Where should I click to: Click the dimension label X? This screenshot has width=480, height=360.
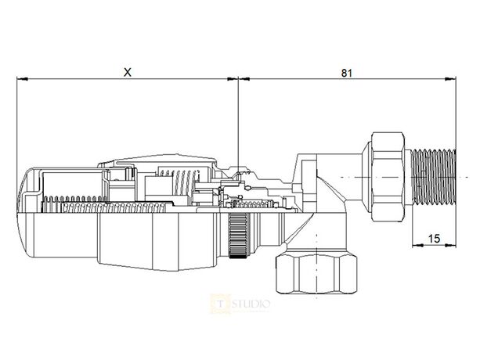[x=128, y=71]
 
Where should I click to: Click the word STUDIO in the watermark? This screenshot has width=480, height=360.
[x=251, y=302]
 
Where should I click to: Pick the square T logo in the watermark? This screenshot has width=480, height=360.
[x=219, y=302]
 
